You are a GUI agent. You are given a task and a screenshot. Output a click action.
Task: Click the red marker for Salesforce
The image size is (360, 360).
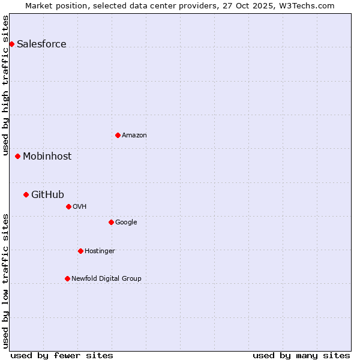coord(11,44)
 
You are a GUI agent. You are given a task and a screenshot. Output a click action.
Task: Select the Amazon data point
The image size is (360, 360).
coord(118,135)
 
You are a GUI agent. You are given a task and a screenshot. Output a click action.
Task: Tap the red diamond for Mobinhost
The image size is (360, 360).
coord(17,156)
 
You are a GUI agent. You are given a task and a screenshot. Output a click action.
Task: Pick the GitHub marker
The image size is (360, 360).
coord(26,194)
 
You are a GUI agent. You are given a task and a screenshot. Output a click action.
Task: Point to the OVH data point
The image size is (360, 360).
coord(68,206)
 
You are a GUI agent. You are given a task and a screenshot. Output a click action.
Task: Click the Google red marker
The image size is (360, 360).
coord(111,222)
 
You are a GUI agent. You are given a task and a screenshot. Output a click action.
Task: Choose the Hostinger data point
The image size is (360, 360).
coord(80,251)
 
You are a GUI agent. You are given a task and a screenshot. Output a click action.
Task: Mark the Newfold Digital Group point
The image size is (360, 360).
coord(67,278)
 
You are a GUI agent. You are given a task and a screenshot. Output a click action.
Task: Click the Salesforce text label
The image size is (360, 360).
coord(41,44)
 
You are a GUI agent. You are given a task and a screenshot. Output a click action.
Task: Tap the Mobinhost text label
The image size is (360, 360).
coord(47,156)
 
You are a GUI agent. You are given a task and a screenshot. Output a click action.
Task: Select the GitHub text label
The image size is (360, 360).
coord(47,194)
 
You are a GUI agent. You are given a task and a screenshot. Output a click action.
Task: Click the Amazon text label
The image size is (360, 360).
coord(134,135)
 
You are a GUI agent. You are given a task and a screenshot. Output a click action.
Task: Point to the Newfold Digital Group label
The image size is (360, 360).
coord(106,278)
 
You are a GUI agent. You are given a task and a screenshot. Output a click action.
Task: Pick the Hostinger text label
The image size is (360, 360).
coord(100,251)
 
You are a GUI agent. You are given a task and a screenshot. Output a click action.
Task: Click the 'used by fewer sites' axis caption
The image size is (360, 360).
coord(62,355)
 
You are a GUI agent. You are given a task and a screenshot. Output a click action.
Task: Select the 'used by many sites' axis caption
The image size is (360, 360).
coord(301,355)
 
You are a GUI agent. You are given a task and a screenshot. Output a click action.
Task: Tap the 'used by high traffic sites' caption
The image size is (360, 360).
coord(6,86)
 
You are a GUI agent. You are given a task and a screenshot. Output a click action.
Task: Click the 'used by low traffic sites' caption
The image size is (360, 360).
coord(6,281)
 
